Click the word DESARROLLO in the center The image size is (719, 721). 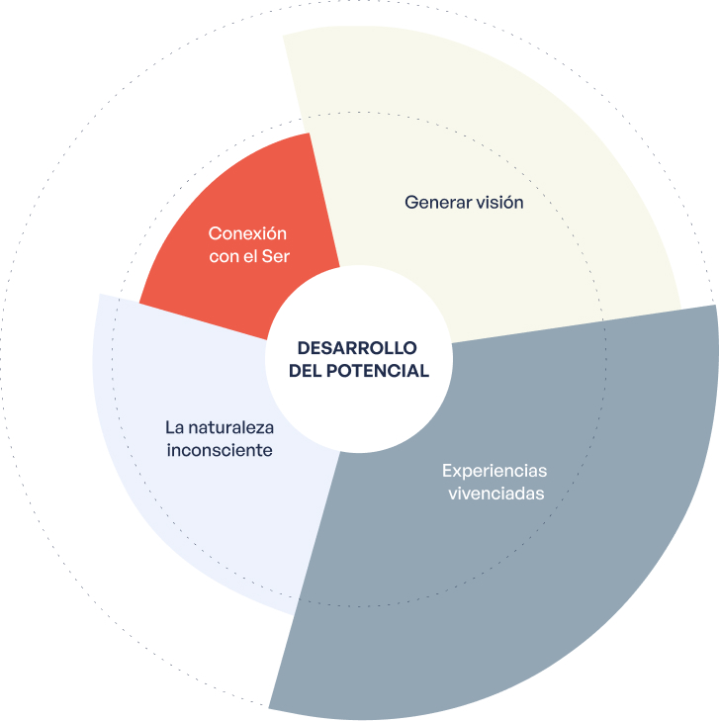point(357,349)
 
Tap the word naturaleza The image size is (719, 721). point(232,428)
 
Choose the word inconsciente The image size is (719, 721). point(219,451)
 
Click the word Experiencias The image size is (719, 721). point(494,471)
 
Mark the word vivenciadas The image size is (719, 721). point(494,494)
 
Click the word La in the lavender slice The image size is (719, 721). point(175,428)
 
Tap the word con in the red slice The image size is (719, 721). point(224,257)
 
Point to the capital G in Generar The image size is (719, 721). point(410,202)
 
